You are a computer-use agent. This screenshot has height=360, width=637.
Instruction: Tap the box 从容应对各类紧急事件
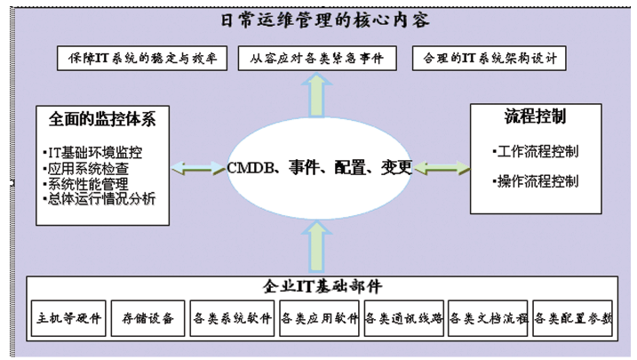tap(318, 59)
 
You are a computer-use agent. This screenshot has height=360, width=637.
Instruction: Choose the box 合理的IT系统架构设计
tap(490, 59)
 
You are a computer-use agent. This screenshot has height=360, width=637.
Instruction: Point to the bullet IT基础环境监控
tap(103, 152)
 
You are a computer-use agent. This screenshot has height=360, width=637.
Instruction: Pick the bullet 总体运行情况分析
tap(99, 198)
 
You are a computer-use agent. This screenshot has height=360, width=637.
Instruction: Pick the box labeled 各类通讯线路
tap(403, 318)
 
